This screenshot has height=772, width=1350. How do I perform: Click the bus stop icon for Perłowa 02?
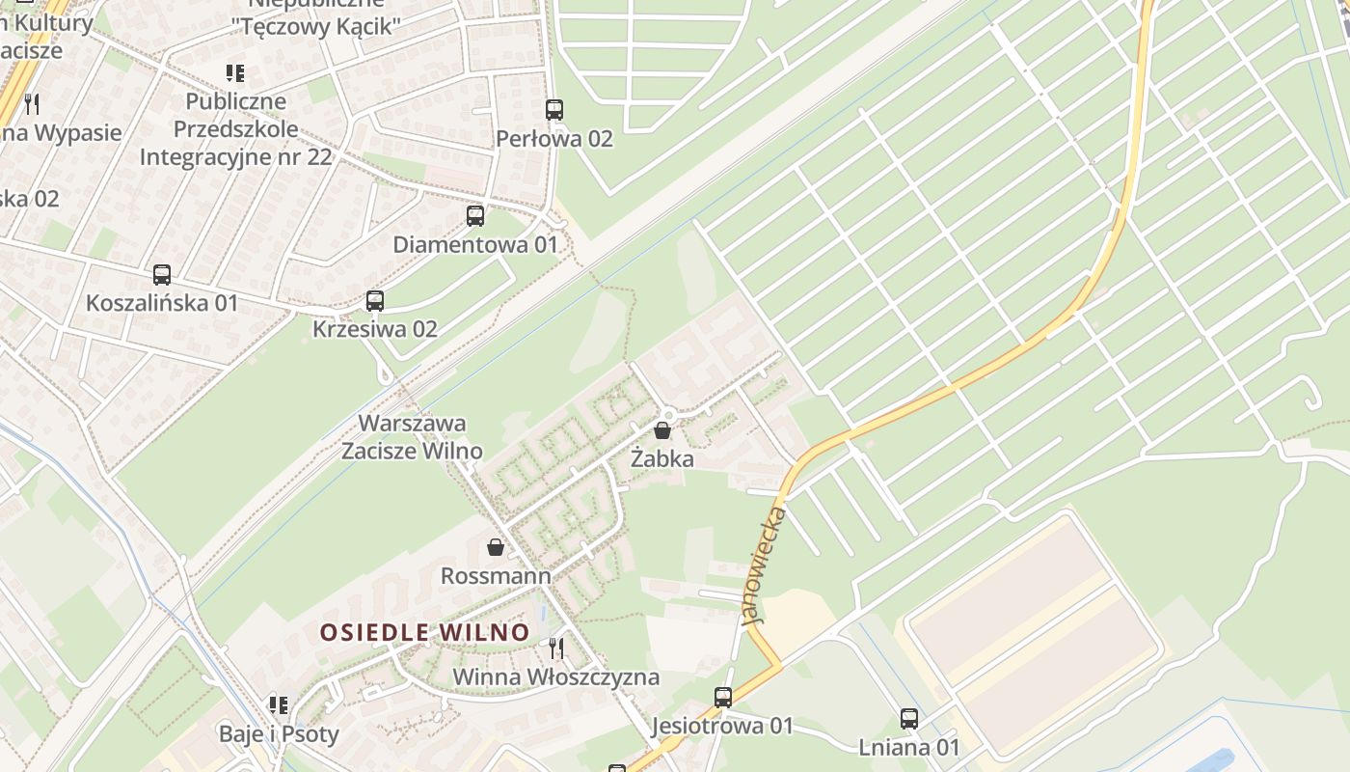click(553, 110)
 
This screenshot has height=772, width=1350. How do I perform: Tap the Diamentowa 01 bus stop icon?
click(475, 216)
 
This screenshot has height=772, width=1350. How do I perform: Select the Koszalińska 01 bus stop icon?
click(162, 275)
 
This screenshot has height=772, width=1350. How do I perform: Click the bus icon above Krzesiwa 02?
click(375, 301)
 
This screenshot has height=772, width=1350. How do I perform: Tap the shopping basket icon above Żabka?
click(662, 430)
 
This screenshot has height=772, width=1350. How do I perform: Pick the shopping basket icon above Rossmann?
click(496, 548)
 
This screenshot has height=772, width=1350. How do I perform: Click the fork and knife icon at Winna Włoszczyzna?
click(556, 648)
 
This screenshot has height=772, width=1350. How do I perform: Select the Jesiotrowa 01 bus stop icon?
click(723, 697)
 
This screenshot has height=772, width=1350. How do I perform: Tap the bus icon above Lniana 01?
click(909, 719)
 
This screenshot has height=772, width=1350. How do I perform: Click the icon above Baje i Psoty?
click(279, 705)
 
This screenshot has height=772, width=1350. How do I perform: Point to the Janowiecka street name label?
click(767, 565)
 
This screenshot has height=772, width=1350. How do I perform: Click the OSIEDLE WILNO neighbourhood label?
click(424, 633)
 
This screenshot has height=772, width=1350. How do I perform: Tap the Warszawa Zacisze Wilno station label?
click(413, 437)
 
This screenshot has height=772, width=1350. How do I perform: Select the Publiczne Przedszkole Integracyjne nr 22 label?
click(236, 129)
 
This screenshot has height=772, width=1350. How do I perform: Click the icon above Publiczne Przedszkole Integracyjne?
click(235, 72)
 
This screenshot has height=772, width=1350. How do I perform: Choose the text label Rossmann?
click(496, 576)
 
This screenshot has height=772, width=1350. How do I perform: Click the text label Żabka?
click(662, 458)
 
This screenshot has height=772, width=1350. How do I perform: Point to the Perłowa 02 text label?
click(554, 139)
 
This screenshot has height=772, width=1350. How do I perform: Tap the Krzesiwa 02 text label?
click(375, 329)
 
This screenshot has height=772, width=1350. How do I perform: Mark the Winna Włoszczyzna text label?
click(556, 677)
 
